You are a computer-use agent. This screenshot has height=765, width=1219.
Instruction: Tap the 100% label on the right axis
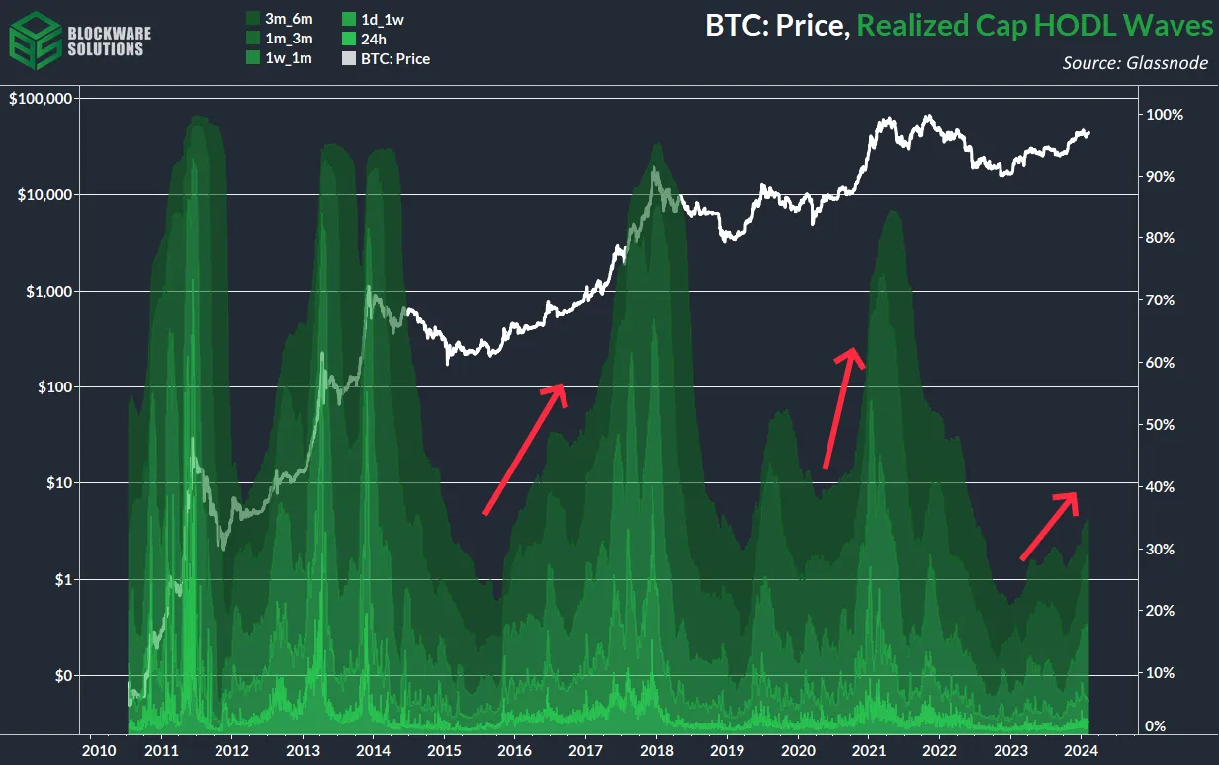(1164, 115)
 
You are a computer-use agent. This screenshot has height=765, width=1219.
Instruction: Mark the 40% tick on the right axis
(1160, 487)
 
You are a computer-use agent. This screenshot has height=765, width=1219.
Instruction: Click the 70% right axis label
(1160, 300)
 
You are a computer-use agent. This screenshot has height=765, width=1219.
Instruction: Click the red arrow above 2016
(525, 449)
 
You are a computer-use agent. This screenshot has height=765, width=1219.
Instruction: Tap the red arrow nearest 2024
(1049, 526)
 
